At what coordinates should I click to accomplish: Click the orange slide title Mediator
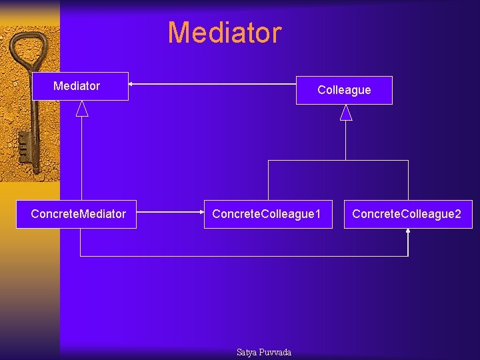click(x=225, y=33)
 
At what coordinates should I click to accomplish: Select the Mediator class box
click(x=80, y=86)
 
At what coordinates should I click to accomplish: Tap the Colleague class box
click(x=344, y=90)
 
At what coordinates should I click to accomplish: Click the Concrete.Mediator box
click(x=77, y=214)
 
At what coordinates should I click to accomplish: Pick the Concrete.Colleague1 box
click(x=267, y=214)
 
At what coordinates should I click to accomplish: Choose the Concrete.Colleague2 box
click(x=407, y=214)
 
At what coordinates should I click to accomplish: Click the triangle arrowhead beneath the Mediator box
click(x=82, y=109)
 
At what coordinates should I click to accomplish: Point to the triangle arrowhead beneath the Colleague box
click(x=345, y=113)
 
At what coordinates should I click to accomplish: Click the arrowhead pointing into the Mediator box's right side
click(x=132, y=84)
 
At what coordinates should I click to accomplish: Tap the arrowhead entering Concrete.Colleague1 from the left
click(x=201, y=213)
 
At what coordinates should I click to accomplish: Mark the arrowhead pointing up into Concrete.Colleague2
click(x=408, y=232)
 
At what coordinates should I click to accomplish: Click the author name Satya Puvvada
click(x=264, y=352)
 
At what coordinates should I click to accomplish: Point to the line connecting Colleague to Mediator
click(x=213, y=84)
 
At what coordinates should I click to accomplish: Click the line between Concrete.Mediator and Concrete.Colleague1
click(x=170, y=213)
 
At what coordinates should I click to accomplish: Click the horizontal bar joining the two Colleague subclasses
click(x=338, y=161)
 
